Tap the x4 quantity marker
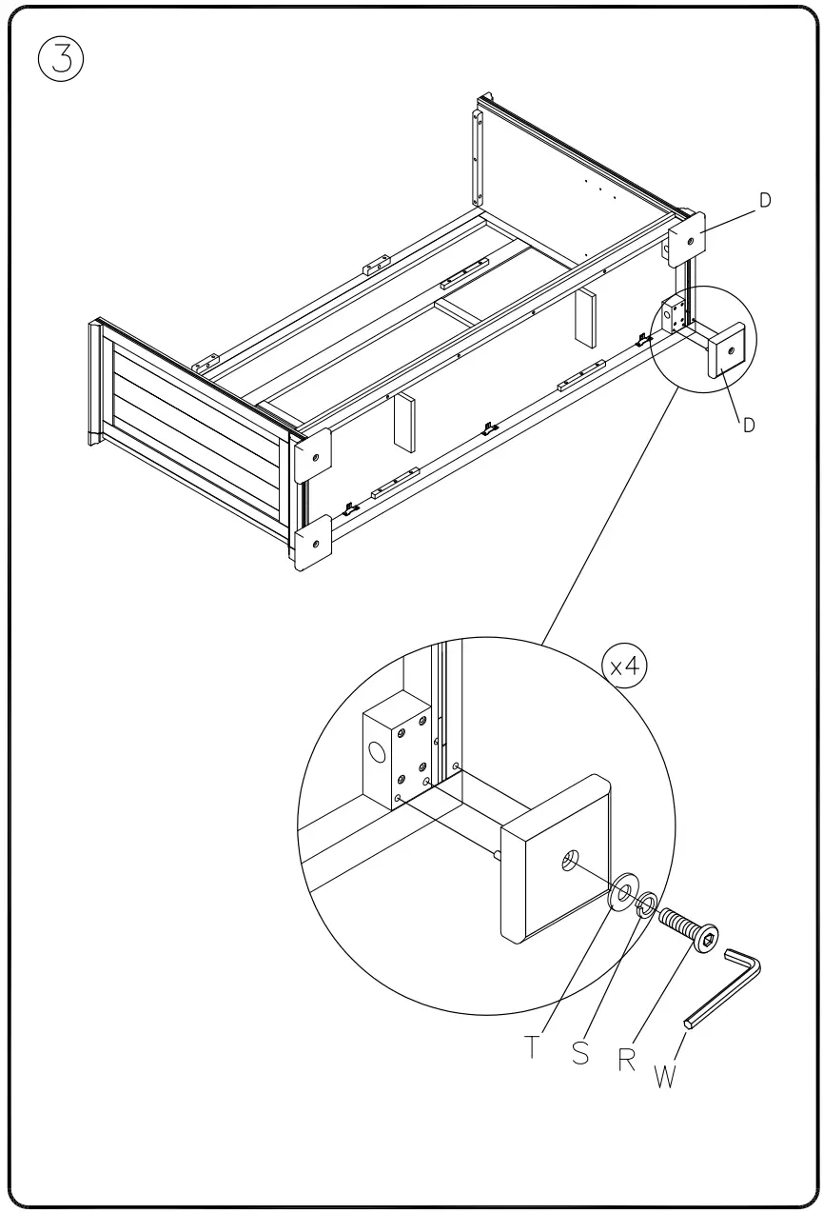click(624, 666)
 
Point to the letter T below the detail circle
click(533, 1047)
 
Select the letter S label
click(580, 1053)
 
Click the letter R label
click(627, 1060)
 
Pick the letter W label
click(665, 1078)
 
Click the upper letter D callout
click(765, 201)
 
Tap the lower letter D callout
click(749, 426)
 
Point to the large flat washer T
click(623, 893)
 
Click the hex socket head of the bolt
click(706, 941)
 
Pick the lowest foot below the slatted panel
click(314, 545)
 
